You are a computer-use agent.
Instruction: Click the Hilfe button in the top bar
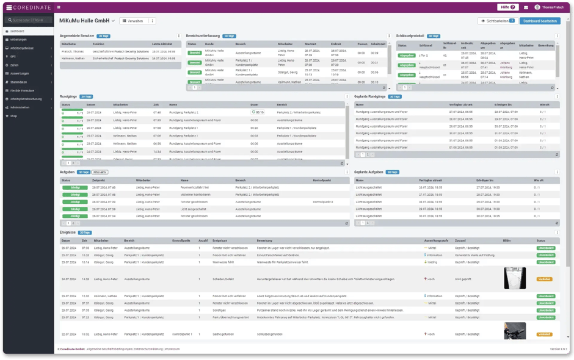click(507, 7)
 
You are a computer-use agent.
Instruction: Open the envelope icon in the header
click(526, 7)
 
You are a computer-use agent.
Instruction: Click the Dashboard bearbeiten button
click(540, 21)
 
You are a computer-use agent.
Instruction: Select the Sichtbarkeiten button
click(496, 21)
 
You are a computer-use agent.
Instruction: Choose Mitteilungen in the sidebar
click(18, 39)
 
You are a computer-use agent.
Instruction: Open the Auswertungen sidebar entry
click(20, 73)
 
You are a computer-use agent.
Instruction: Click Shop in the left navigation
click(13, 115)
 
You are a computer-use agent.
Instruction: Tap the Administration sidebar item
click(20, 107)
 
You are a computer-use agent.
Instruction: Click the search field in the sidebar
click(27, 20)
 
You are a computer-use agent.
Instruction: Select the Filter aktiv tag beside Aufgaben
click(100, 172)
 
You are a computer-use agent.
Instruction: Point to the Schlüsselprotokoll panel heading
click(410, 36)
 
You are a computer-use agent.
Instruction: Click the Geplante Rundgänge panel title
click(370, 96)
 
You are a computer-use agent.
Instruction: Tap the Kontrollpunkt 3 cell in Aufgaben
click(322, 201)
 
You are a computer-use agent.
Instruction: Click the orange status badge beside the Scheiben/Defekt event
click(545, 279)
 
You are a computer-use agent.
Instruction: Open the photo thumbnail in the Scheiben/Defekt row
click(515, 278)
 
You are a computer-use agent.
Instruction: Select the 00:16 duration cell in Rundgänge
click(259, 112)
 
